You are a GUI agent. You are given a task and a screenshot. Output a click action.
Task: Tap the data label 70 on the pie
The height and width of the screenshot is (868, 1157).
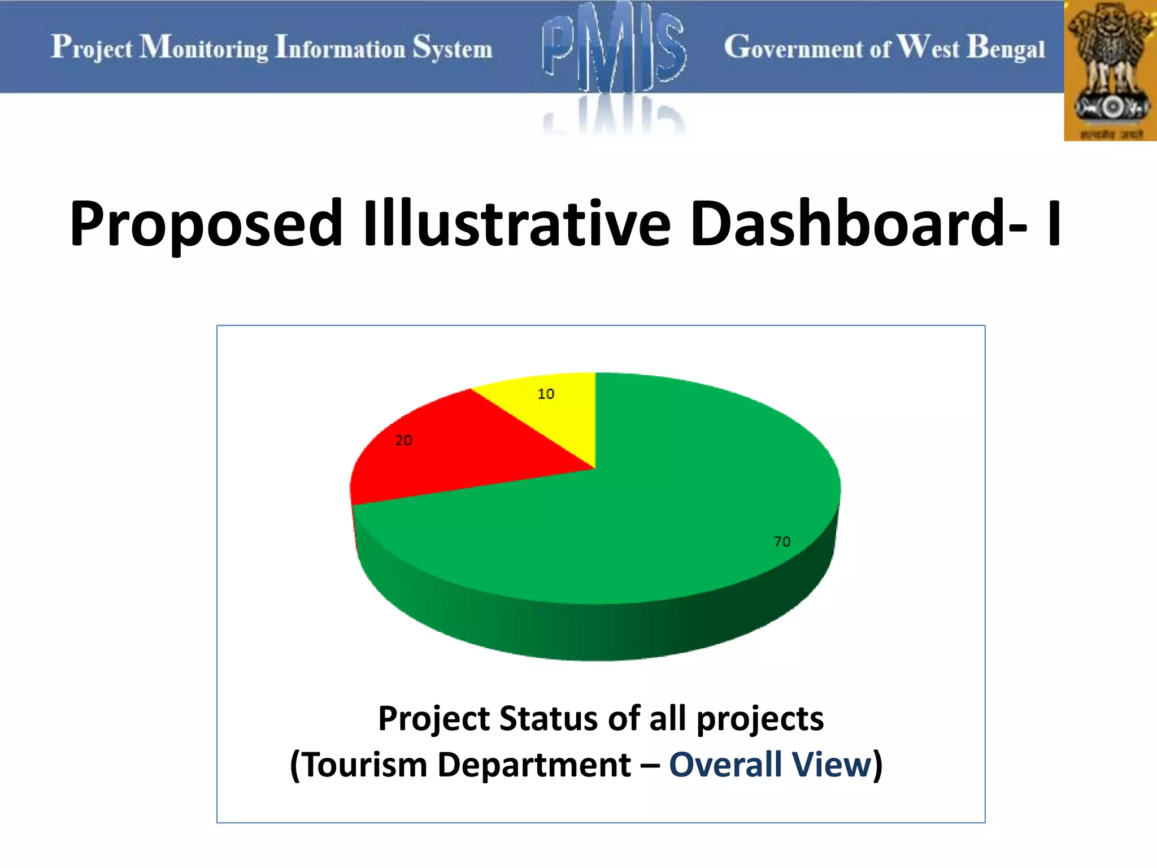tap(782, 542)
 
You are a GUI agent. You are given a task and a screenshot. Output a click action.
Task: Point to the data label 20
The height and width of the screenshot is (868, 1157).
tap(403, 441)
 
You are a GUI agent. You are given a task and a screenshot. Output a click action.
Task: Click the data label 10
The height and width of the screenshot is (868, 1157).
tap(546, 394)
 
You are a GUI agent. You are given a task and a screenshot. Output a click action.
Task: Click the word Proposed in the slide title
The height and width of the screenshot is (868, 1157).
tap(206, 224)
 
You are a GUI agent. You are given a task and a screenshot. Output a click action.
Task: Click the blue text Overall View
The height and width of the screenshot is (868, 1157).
tap(771, 765)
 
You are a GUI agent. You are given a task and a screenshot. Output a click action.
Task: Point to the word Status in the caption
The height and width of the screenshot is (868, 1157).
tap(548, 719)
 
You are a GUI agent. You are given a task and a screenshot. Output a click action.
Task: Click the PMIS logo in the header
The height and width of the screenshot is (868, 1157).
tap(614, 51)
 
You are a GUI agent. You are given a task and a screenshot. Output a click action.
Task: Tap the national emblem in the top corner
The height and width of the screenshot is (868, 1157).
tap(1111, 71)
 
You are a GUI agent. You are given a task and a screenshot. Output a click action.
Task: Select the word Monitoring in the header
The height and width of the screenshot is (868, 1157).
tap(204, 47)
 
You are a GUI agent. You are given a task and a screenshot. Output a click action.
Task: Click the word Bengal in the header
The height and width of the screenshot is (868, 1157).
tap(1006, 49)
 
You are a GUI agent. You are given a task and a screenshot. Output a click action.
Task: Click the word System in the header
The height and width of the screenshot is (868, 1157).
tap(452, 49)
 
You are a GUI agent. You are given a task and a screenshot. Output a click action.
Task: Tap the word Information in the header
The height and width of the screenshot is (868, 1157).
tap(340, 47)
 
